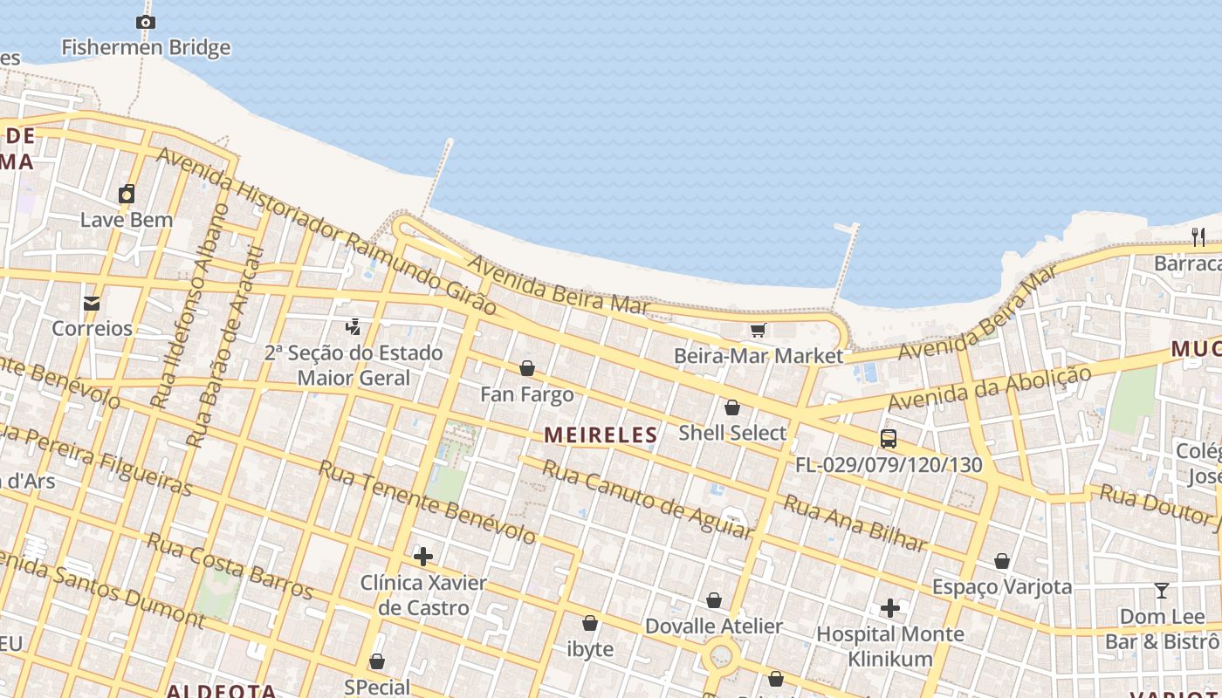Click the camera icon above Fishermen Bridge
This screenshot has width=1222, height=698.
pos(146,23)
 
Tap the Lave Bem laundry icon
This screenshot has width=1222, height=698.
pos(127,194)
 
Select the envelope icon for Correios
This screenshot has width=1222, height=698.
pos(91,304)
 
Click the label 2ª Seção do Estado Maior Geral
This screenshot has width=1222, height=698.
pos(354,366)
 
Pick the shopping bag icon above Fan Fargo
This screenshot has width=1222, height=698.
pos(527,368)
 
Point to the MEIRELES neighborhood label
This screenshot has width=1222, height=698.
pos(601,435)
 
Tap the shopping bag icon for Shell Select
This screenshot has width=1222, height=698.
pos(732,407)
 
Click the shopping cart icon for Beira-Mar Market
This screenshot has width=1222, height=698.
pos(758,331)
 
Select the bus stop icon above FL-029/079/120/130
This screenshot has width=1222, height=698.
pos(889,439)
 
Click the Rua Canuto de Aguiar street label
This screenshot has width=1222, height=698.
pos(646,498)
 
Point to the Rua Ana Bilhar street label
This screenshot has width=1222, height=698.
pos(855,523)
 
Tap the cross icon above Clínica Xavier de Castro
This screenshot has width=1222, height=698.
pos(423,557)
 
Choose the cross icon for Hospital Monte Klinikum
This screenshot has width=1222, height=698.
pos(890,608)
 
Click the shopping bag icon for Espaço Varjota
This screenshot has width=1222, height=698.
pos(1002,561)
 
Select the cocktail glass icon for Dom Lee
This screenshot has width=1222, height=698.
pos(1161,591)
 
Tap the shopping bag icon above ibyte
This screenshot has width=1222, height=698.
pos(590,624)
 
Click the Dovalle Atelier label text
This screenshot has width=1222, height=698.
pos(713,626)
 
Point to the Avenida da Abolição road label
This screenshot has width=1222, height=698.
pos(990,389)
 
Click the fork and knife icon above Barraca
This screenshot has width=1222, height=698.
pos(1198,237)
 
